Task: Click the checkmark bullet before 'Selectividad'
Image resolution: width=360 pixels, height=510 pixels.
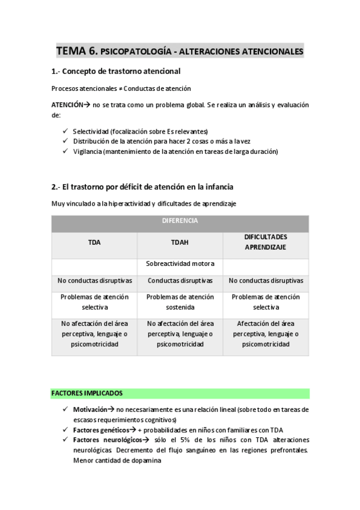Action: coord(65,131)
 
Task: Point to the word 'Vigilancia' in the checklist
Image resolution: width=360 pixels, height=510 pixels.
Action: coord(87,152)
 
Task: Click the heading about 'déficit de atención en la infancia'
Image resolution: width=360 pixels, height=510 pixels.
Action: coord(142,186)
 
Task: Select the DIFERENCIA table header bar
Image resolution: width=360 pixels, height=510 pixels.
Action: coord(180,221)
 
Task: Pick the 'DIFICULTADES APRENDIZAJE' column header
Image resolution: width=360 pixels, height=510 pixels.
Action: coord(266,242)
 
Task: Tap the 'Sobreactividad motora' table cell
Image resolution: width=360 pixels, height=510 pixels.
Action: coord(180,263)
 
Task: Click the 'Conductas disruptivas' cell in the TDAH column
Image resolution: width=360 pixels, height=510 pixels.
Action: coord(180,280)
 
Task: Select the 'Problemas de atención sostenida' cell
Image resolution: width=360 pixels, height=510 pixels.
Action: coord(180,301)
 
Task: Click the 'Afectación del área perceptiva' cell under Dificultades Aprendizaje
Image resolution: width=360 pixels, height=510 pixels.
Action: coord(266,333)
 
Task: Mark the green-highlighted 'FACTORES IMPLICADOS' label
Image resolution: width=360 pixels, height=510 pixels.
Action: coord(87,393)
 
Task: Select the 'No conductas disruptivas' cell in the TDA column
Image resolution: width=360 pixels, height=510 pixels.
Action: coord(94,280)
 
